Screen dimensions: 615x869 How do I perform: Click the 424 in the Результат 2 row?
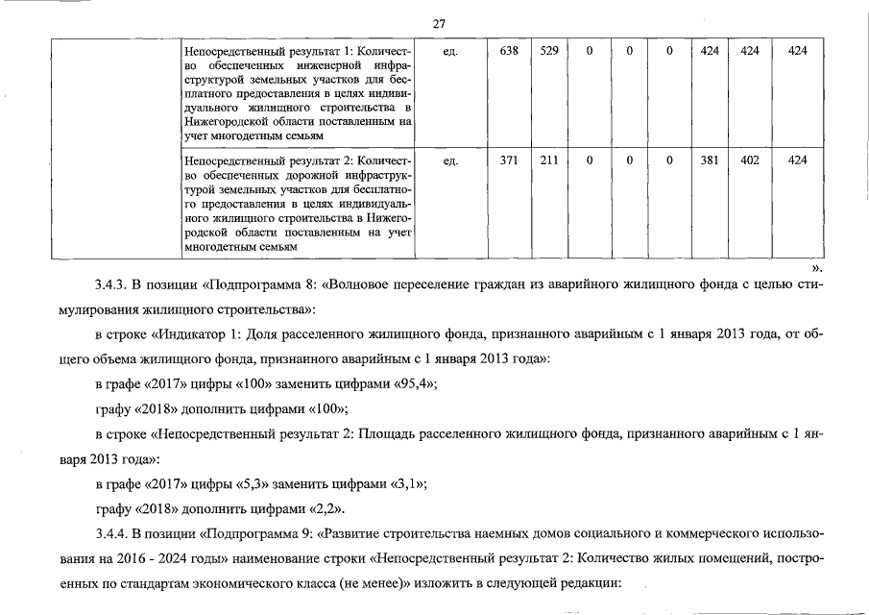(797, 160)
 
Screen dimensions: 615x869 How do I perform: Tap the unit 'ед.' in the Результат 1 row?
(449, 50)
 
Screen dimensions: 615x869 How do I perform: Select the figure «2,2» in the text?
(325, 507)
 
